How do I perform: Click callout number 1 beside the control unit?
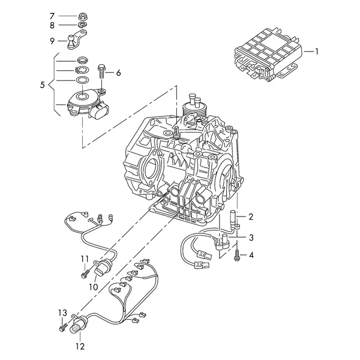click(317, 52)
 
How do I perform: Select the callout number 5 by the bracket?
click(42, 85)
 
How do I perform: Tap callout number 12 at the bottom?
click(80, 346)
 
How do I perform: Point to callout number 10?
click(94, 287)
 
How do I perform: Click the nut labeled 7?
click(83, 17)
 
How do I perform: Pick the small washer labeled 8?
click(82, 25)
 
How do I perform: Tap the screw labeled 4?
click(237, 255)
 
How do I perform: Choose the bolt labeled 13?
click(63, 327)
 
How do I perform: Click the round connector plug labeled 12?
click(78, 324)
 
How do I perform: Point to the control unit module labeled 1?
click(267, 54)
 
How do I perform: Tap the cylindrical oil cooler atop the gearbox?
click(193, 108)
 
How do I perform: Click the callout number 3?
click(251, 238)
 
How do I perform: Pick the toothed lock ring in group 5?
click(82, 70)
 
